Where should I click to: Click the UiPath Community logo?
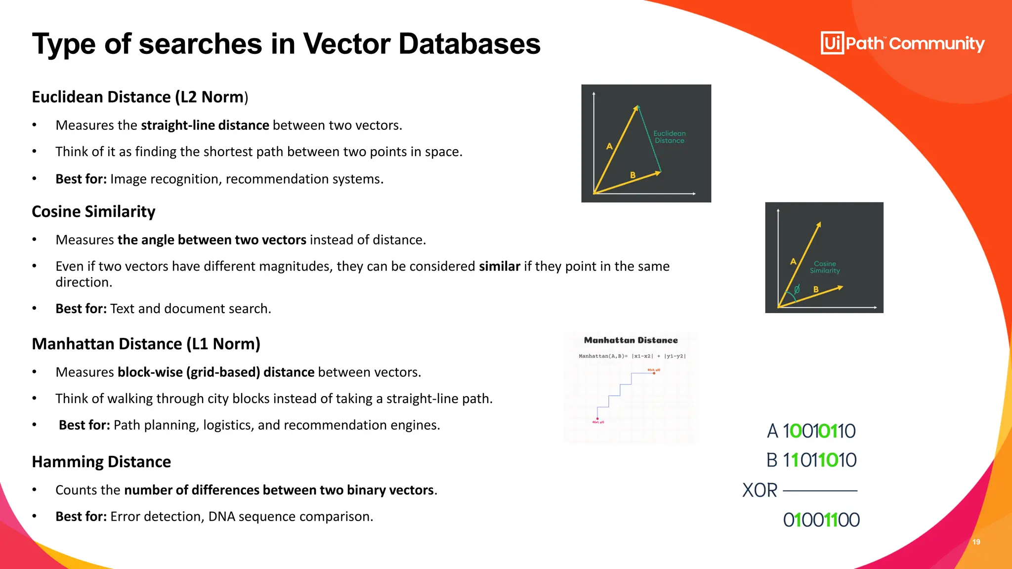pos(902,43)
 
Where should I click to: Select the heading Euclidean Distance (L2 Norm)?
pos(139,97)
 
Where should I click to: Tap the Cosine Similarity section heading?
pos(93,211)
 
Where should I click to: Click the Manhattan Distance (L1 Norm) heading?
pos(146,344)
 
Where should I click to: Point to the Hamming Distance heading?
pos(101,462)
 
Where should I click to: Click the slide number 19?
pos(976,542)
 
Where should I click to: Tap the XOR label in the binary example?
pos(759,490)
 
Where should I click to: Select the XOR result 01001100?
pos(821,520)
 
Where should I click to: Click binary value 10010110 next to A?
pos(819,431)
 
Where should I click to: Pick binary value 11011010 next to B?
pos(819,460)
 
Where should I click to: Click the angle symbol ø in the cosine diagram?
pos(797,289)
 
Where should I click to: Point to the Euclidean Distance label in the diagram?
pos(670,137)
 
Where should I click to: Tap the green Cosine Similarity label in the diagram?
pos(825,267)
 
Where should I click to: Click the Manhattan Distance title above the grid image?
pos(631,340)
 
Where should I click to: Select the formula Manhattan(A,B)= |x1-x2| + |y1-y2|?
pos(632,356)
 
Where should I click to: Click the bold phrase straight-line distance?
pos(205,125)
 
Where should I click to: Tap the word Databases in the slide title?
pos(469,43)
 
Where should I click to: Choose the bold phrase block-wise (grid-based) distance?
pos(216,372)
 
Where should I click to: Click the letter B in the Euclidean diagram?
pos(632,175)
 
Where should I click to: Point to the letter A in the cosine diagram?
pos(793,261)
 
